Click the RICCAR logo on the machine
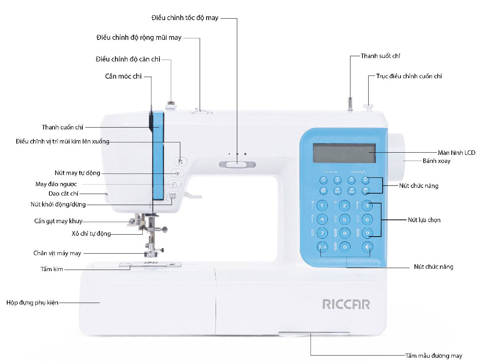point(346,304)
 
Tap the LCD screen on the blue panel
point(344,153)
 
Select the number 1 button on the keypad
point(322,205)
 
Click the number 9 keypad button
point(367,233)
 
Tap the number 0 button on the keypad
point(345,247)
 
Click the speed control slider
point(237,164)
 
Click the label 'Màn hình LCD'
point(456,153)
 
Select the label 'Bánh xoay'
point(437,161)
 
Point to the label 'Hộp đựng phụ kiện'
point(33,303)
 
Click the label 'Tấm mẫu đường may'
point(434,356)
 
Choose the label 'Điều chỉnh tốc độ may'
point(185,18)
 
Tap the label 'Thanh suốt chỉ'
point(380,56)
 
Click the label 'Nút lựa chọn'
point(424,220)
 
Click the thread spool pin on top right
point(350,104)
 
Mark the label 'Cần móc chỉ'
point(123,76)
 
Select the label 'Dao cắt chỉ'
point(63,194)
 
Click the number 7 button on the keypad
point(322,233)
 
